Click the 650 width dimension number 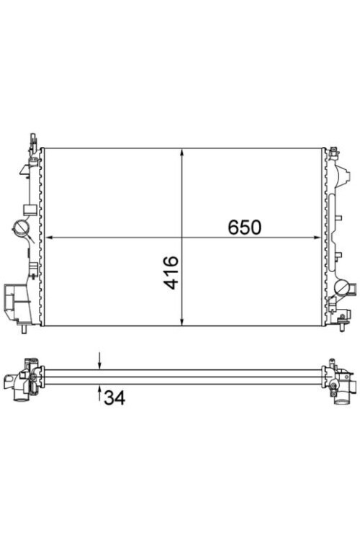pos(245,227)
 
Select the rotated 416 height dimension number pos(171,272)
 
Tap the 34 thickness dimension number pos(114,397)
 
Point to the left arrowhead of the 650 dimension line pos(49,238)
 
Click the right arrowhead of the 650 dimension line pos(317,238)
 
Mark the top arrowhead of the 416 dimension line pos(182,153)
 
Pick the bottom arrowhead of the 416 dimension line pos(182,321)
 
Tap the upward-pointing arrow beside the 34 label pos(99,393)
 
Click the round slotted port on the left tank pos(21,228)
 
